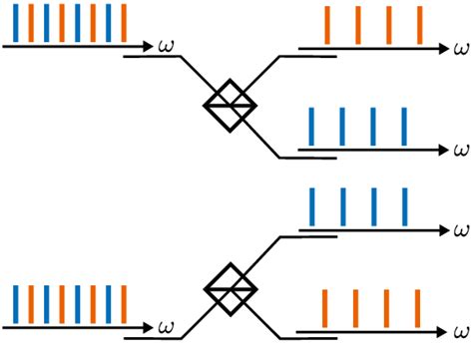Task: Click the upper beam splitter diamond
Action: coord(230,101)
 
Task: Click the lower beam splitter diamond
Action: coord(230,289)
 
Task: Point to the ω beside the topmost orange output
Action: coord(460,47)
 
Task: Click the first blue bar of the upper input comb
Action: coord(15,24)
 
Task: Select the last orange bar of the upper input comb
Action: coord(124,24)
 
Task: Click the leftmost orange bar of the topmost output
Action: coord(326,25)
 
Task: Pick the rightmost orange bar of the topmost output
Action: coord(419,25)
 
